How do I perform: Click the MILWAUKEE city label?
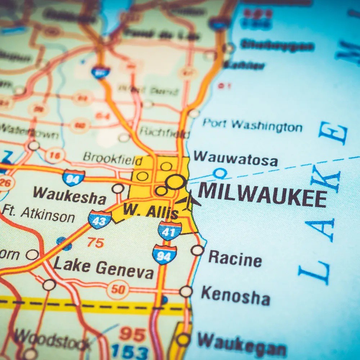tap(262, 195)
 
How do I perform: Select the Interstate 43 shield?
tap(100, 219)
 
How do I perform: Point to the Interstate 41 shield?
tap(170, 230)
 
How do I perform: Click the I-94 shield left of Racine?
tap(165, 254)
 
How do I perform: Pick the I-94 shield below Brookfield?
tap(73, 178)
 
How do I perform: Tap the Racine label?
tap(235, 259)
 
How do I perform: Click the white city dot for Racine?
tap(197, 250)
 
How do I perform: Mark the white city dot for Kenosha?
tap(186, 291)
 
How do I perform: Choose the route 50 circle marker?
tap(118, 289)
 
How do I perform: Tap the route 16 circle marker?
tap(55, 155)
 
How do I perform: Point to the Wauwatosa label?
tap(236, 159)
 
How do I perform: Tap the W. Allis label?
tap(150, 211)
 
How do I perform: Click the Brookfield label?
tap(108, 158)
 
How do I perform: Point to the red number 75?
tap(95, 243)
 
